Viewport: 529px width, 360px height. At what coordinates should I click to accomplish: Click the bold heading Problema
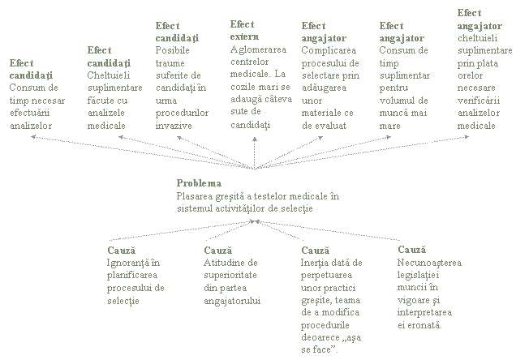(199, 183)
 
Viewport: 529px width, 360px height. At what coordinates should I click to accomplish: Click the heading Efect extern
(243, 31)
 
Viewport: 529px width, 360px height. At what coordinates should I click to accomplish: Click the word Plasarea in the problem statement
(195, 196)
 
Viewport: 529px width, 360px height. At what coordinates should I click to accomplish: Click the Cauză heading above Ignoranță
(121, 250)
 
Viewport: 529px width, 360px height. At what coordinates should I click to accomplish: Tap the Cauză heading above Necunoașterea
(411, 250)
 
